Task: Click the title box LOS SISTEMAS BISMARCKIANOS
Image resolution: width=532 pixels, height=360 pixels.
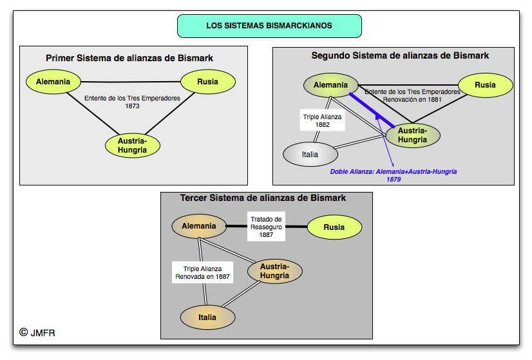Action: (269, 26)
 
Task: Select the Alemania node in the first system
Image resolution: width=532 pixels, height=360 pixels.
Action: (53, 82)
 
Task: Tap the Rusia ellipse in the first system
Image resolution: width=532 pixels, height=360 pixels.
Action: (207, 82)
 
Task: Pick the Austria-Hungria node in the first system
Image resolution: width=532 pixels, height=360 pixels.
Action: (132, 145)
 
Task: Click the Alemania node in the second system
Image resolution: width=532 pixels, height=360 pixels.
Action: (330, 85)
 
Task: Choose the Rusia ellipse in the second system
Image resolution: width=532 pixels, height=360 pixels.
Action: (485, 85)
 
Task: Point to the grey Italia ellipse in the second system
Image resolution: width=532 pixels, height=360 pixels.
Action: (310, 155)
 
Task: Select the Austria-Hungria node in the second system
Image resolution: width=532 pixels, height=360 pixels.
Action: (412, 135)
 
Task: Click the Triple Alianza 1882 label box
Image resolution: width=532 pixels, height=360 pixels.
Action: (323, 121)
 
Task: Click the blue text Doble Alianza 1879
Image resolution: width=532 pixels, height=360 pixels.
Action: (394, 175)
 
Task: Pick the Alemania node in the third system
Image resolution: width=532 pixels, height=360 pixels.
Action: (198, 226)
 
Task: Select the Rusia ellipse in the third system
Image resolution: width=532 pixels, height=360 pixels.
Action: (334, 227)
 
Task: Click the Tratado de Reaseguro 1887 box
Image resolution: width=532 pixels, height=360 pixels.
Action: (266, 227)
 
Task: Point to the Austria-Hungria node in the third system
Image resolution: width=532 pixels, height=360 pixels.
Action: (274, 271)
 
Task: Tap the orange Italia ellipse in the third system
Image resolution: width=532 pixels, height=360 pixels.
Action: (207, 317)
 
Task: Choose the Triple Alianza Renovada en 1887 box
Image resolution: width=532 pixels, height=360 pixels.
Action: (202, 273)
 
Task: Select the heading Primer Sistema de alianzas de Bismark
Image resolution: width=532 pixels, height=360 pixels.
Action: (129, 58)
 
